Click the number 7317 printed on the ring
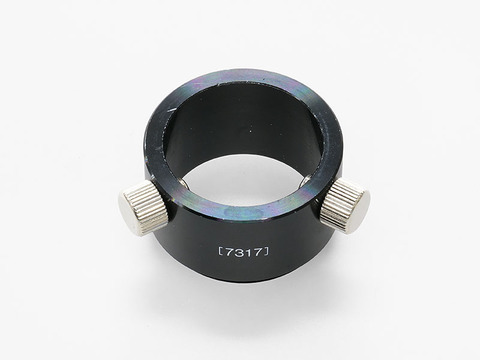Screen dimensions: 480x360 [x=244, y=252]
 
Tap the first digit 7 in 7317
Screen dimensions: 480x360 [x=229, y=253]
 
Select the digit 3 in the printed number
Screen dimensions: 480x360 [x=238, y=252]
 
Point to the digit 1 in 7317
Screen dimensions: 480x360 [x=247, y=252]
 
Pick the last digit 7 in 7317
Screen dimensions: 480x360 [x=258, y=252]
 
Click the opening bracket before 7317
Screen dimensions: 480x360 [x=220, y=252]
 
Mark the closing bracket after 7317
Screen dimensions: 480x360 [x=266, y=252]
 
